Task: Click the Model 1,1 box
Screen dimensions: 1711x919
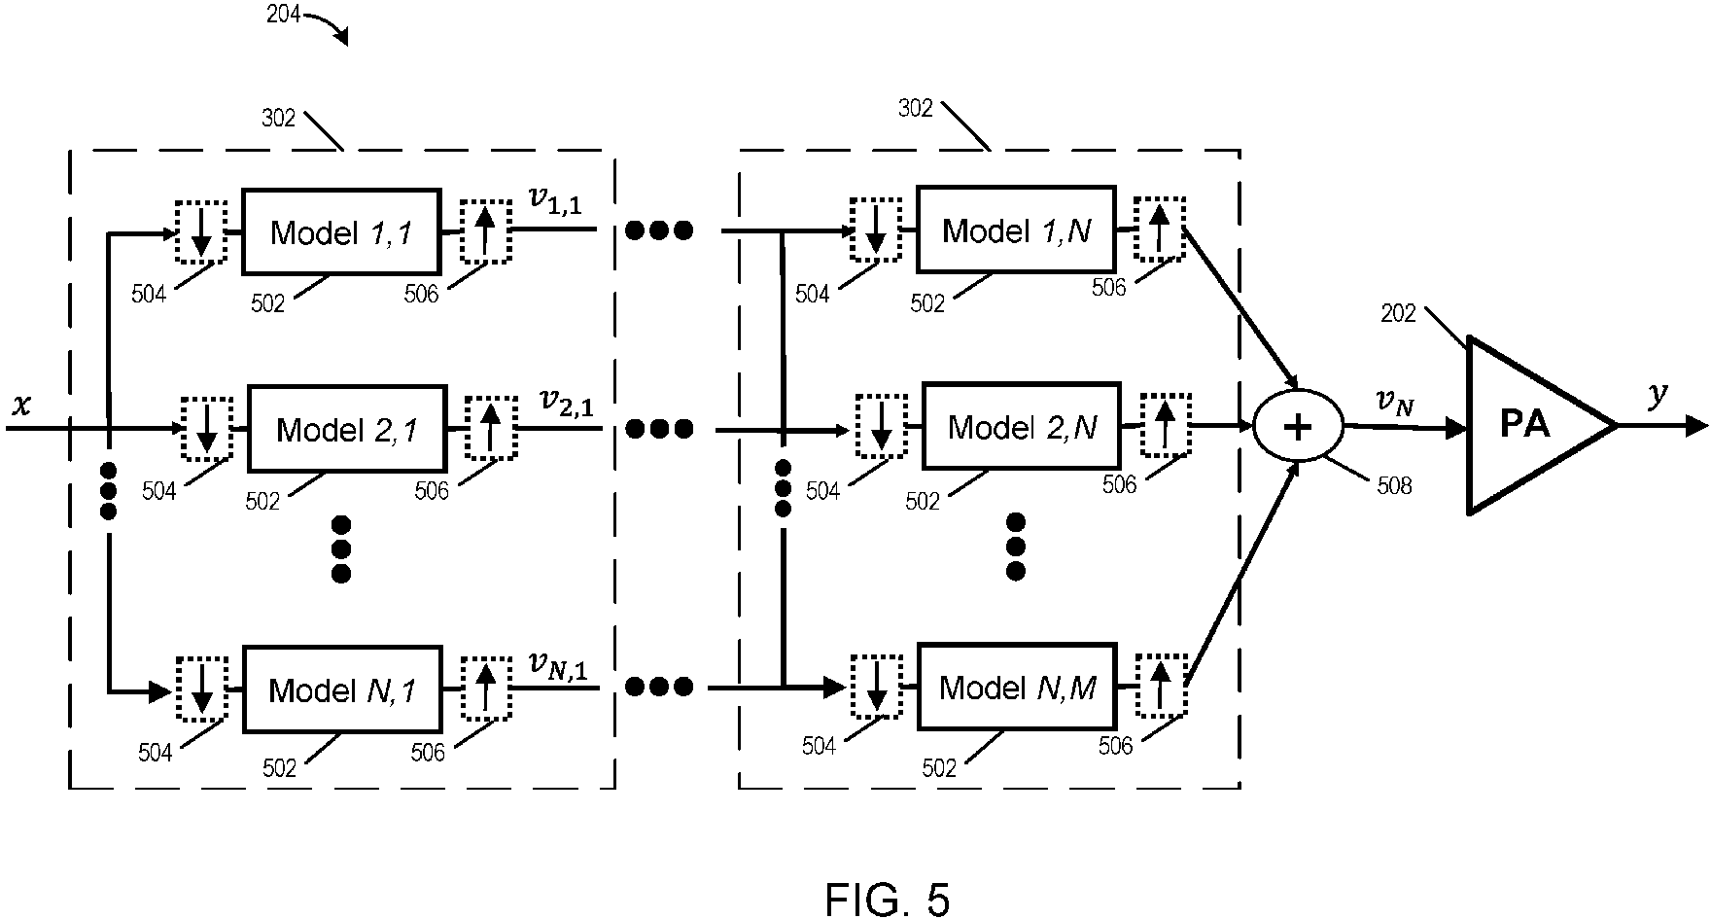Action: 340,231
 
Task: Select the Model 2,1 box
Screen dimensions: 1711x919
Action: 347,429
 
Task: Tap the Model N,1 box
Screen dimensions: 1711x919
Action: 341,689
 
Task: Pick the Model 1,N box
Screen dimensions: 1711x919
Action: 1016,230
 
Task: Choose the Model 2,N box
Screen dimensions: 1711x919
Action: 1021,427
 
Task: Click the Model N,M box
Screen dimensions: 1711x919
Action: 1017,688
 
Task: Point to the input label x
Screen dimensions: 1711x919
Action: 20,405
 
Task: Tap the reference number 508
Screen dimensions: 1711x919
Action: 1394,485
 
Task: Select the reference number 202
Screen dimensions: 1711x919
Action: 1400,314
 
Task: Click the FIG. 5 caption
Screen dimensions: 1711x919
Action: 887,899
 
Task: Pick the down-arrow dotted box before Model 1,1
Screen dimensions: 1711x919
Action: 200,231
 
